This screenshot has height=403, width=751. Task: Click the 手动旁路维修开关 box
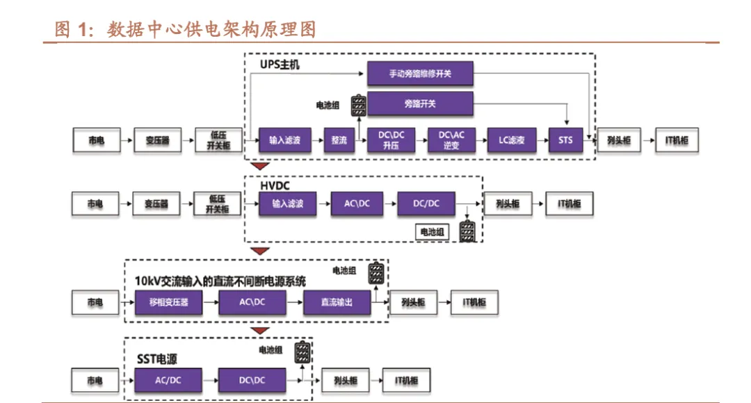(420, 74)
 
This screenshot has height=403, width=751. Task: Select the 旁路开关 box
(420, 104)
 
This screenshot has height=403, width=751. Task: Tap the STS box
(565, 140)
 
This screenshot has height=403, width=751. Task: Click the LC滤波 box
(512, 140)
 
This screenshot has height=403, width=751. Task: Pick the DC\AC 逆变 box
(451, 140)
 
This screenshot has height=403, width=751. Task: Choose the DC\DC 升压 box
(391, 140)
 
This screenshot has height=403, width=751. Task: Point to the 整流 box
(339, 140)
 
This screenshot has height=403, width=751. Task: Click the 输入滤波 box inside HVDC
(287, 204)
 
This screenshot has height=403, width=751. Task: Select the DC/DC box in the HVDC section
(426, 204)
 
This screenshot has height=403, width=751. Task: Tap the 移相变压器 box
(168, 302)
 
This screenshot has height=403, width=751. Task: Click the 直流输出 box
(337, 302)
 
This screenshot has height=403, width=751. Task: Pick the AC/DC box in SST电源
(168, 381)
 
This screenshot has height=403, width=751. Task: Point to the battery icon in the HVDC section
(467, 231)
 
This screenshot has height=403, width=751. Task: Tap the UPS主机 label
(280, 65)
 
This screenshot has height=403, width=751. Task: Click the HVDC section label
(275, 186)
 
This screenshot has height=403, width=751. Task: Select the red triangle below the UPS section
(260, 166)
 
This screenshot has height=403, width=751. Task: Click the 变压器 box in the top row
(158, 140)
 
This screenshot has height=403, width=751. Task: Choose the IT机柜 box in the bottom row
(406, 381)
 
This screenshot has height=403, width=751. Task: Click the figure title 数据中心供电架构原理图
(211, 30)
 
